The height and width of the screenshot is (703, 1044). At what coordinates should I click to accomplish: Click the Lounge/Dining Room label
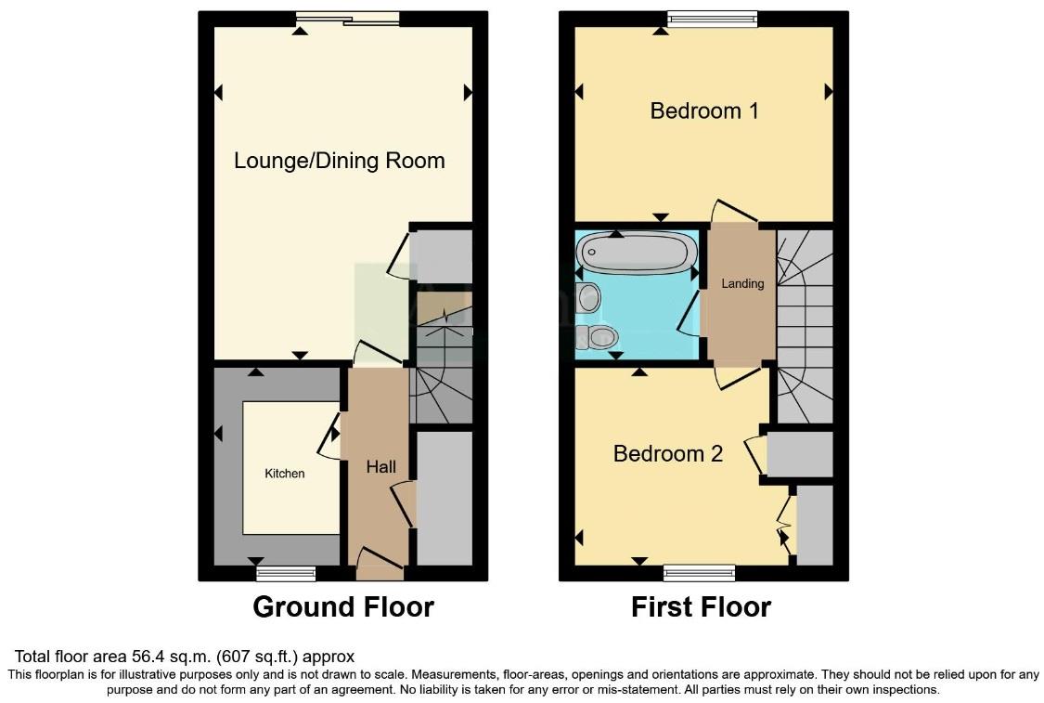coord(339,161)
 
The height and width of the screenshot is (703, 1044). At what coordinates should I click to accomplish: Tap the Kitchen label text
coord(285,474)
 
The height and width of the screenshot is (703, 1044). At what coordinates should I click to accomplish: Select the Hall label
coord(380,467)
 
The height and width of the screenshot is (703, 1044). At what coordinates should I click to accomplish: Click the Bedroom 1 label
coord(704,111)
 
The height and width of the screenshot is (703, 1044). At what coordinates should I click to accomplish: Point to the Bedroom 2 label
coord(667,454)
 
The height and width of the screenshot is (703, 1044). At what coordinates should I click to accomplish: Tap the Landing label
coord(742,283)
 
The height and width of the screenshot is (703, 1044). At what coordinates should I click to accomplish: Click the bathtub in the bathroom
coord(637,252)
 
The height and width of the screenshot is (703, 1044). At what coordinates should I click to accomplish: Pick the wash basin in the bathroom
coord(587,298)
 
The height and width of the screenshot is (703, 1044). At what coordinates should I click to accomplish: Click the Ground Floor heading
coord(343,607)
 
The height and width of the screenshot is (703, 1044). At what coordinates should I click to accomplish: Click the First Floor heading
coord(701,607)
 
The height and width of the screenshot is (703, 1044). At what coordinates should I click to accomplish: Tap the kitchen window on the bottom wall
coord(286,573)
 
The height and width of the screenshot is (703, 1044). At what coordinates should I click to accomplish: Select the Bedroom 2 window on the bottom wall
coord(700,572)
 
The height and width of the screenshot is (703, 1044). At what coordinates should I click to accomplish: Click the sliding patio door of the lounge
coord(348,18)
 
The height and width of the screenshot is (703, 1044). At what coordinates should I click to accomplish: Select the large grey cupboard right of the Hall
coord(445,499)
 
